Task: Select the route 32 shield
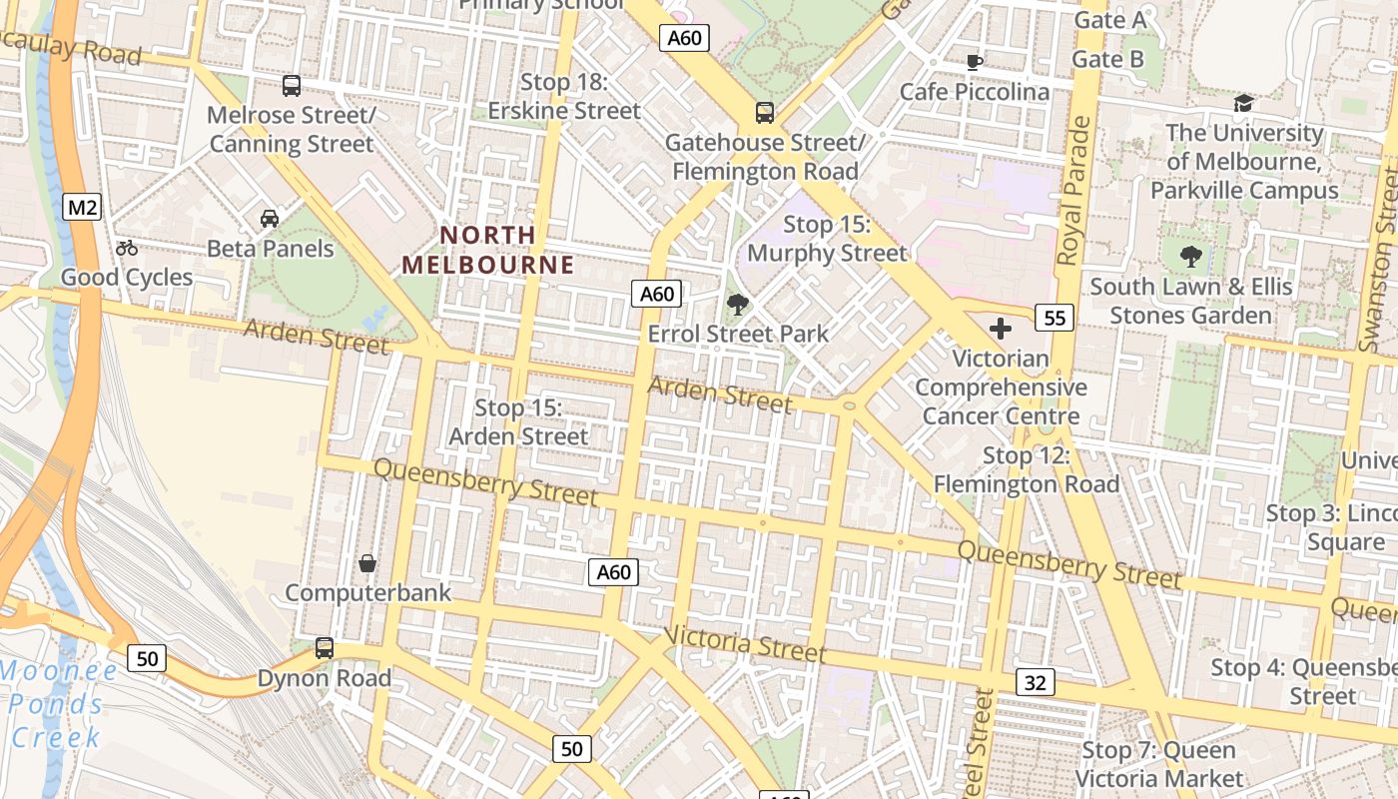click(1036, 682)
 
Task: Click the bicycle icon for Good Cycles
click(127, 248)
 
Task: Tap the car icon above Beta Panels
click(269, 218)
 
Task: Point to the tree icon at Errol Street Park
click(738, 304)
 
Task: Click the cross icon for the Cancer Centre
click(1000, 328)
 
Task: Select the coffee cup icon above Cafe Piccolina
click(974, 62)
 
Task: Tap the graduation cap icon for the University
click(1243, 103)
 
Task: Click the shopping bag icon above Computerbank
click(367, 563)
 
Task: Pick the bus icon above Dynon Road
click(325, 648)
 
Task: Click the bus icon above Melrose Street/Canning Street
click(292, 86)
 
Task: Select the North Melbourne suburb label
click(488, 250)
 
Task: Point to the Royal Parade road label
click(1074, 190)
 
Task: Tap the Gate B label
click(1107, 59)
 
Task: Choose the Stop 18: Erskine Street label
click(564, 96)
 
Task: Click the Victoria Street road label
click(745, 644)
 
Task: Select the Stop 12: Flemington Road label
click(1027, 469)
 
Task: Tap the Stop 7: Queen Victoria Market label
click(1158, 764)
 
